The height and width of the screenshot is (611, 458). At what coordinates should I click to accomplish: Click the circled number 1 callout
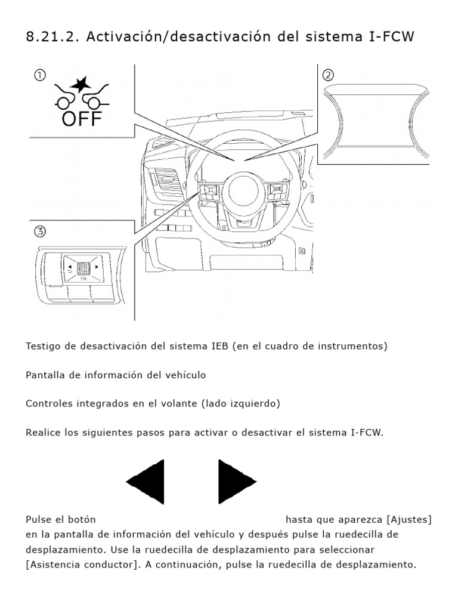coord(40,75)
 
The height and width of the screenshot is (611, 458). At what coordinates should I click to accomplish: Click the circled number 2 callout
coord(328,75)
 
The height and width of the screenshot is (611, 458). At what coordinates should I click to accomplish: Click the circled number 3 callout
coord(40,232)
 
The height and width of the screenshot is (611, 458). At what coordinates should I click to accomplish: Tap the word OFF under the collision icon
coord(82,119)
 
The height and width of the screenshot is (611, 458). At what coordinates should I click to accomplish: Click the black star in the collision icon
coord(81,84)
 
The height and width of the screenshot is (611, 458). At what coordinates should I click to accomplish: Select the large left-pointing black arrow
coord(146,482)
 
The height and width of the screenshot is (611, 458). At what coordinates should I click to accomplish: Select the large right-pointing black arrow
coord(237,482)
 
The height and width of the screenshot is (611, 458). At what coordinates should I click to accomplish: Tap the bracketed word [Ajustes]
coord(409,520)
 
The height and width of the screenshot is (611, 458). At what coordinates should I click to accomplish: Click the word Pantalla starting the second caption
coord(44,375)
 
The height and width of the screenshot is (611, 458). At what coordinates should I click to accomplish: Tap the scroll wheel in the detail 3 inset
coord(83,268)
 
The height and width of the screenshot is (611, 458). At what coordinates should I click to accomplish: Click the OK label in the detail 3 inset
coord(83,279)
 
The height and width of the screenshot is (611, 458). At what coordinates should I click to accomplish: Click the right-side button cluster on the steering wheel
coord(278,192)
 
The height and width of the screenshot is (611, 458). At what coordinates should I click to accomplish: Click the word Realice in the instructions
coord(43,433)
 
